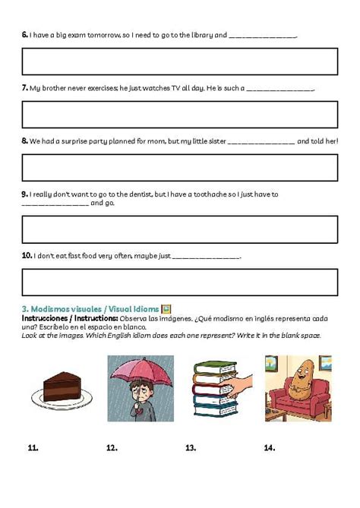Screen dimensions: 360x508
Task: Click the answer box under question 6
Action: [x=180, y=62]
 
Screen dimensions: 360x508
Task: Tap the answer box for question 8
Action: [x=180, y=168]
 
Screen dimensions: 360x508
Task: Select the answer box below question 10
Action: [x=180, y=282]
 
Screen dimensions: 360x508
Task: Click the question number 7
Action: [x=25, y=88]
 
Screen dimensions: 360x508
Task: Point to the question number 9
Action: [x=25, y=194]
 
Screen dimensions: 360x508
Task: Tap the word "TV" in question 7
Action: [x=163, y=88]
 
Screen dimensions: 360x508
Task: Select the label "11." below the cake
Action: [x=33, y=448]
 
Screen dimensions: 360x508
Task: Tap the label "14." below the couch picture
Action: [x=269, y=448]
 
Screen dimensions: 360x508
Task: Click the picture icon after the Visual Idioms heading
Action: [x=166, y=309]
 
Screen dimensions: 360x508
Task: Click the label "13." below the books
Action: [x=191, y=448]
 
